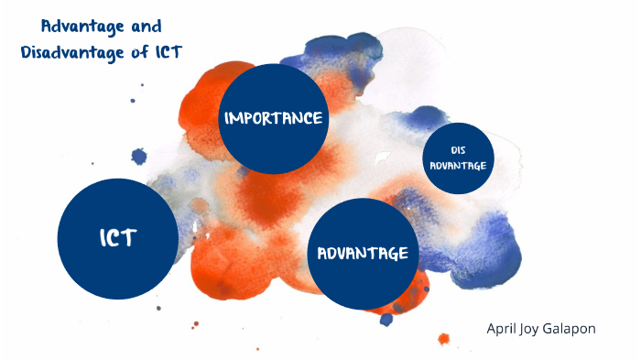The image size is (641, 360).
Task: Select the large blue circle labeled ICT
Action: [x=117, y=237]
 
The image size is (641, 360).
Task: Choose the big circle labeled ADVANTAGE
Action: [x=362, y=253]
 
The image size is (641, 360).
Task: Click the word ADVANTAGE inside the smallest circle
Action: [x=459, y=166]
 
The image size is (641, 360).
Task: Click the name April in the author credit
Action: [x=505, y=327]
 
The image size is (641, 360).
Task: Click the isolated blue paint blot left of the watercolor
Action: [x=139, y=156]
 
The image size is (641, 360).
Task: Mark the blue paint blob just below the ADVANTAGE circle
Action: [x=386, y=319]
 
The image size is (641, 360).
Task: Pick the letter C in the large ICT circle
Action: [x=117, y=238]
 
